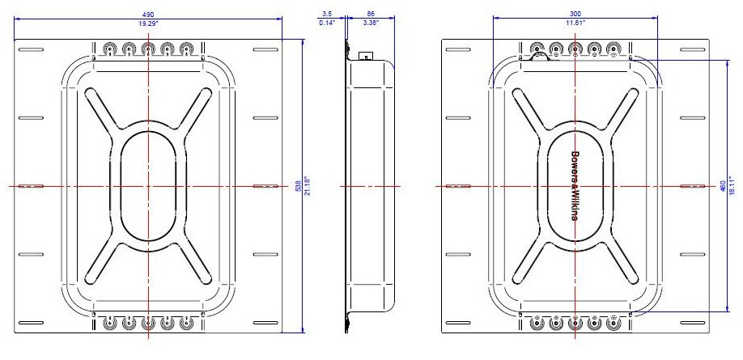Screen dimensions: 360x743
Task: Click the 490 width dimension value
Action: click(x=148, y=15)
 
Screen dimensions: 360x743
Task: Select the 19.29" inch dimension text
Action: click(x=148, y=24)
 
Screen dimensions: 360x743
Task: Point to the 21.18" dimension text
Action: click(x=308, y=185)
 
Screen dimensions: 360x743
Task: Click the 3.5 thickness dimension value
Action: click(x=326, y=15)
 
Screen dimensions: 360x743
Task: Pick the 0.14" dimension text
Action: click(x=326, y=24)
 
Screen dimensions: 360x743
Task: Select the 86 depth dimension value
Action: click(x=370, y=15)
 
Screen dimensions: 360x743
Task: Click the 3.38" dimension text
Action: click(x=370, y=24)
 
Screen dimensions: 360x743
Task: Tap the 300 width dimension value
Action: click(x=574, y=15)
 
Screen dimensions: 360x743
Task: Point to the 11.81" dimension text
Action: click(x=574, y=24)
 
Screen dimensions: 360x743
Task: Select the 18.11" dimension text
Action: click(x=733, y=185)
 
